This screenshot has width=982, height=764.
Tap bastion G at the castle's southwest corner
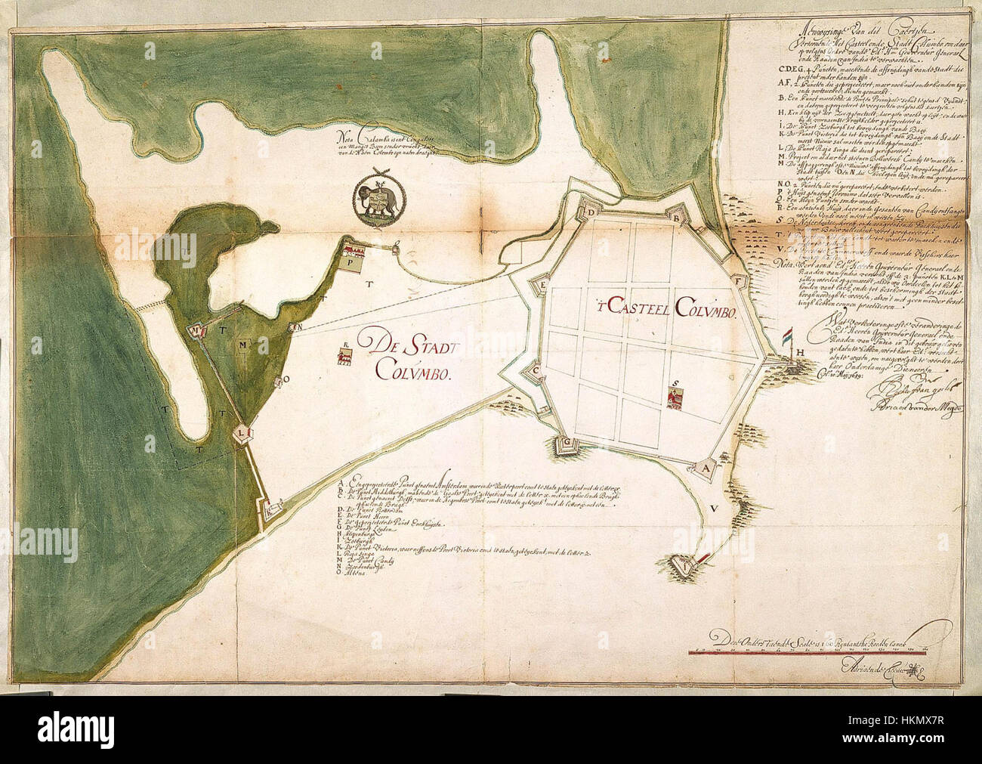(563, 444)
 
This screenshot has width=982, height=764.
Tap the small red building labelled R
(344, 357)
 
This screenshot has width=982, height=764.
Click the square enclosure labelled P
(352, 264)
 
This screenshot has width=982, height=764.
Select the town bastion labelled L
(242, 433)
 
